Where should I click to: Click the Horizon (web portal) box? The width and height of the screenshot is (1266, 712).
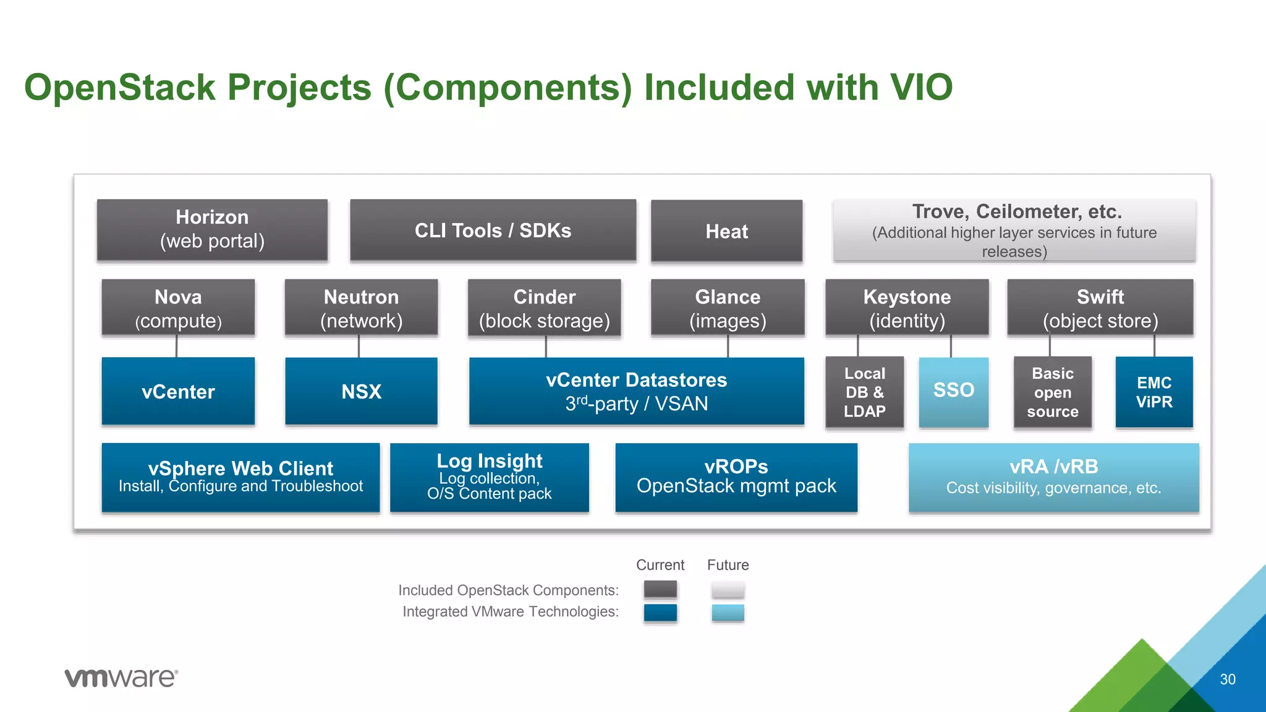(x=212, y=229)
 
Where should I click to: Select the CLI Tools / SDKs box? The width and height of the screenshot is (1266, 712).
(x=493, y=230)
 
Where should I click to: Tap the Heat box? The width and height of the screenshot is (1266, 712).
(x=726, y=231)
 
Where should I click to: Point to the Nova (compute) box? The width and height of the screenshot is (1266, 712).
(x=178, y=308)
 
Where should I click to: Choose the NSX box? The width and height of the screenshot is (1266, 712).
(x=361, y=391)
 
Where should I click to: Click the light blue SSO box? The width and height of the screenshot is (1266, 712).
(x=953, y=391)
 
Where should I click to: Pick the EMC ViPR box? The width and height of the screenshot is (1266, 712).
(x=1153, y=392)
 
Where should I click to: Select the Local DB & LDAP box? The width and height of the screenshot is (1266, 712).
(x=864, y=392)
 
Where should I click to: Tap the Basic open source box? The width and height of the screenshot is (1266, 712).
(x=1052, y=392)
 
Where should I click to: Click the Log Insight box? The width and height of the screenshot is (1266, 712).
(x=489, y=477)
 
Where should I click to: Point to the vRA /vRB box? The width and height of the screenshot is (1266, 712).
(x=1053, y=477)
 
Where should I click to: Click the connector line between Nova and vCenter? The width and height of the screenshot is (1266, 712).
(x=177, y=346)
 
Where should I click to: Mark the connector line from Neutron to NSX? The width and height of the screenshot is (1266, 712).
(x=359, y=346)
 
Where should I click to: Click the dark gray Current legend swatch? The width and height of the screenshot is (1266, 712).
(x=660, y=589)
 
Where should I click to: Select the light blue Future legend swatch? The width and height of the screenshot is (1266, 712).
(x=728, y=612)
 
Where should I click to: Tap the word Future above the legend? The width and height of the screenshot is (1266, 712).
(x=728, y=565)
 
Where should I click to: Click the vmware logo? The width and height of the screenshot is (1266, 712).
(x=121, y=677)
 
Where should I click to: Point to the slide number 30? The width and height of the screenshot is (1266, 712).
(x=1227, y=679)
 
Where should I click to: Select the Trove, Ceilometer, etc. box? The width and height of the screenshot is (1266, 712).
(x=1014, y=231)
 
